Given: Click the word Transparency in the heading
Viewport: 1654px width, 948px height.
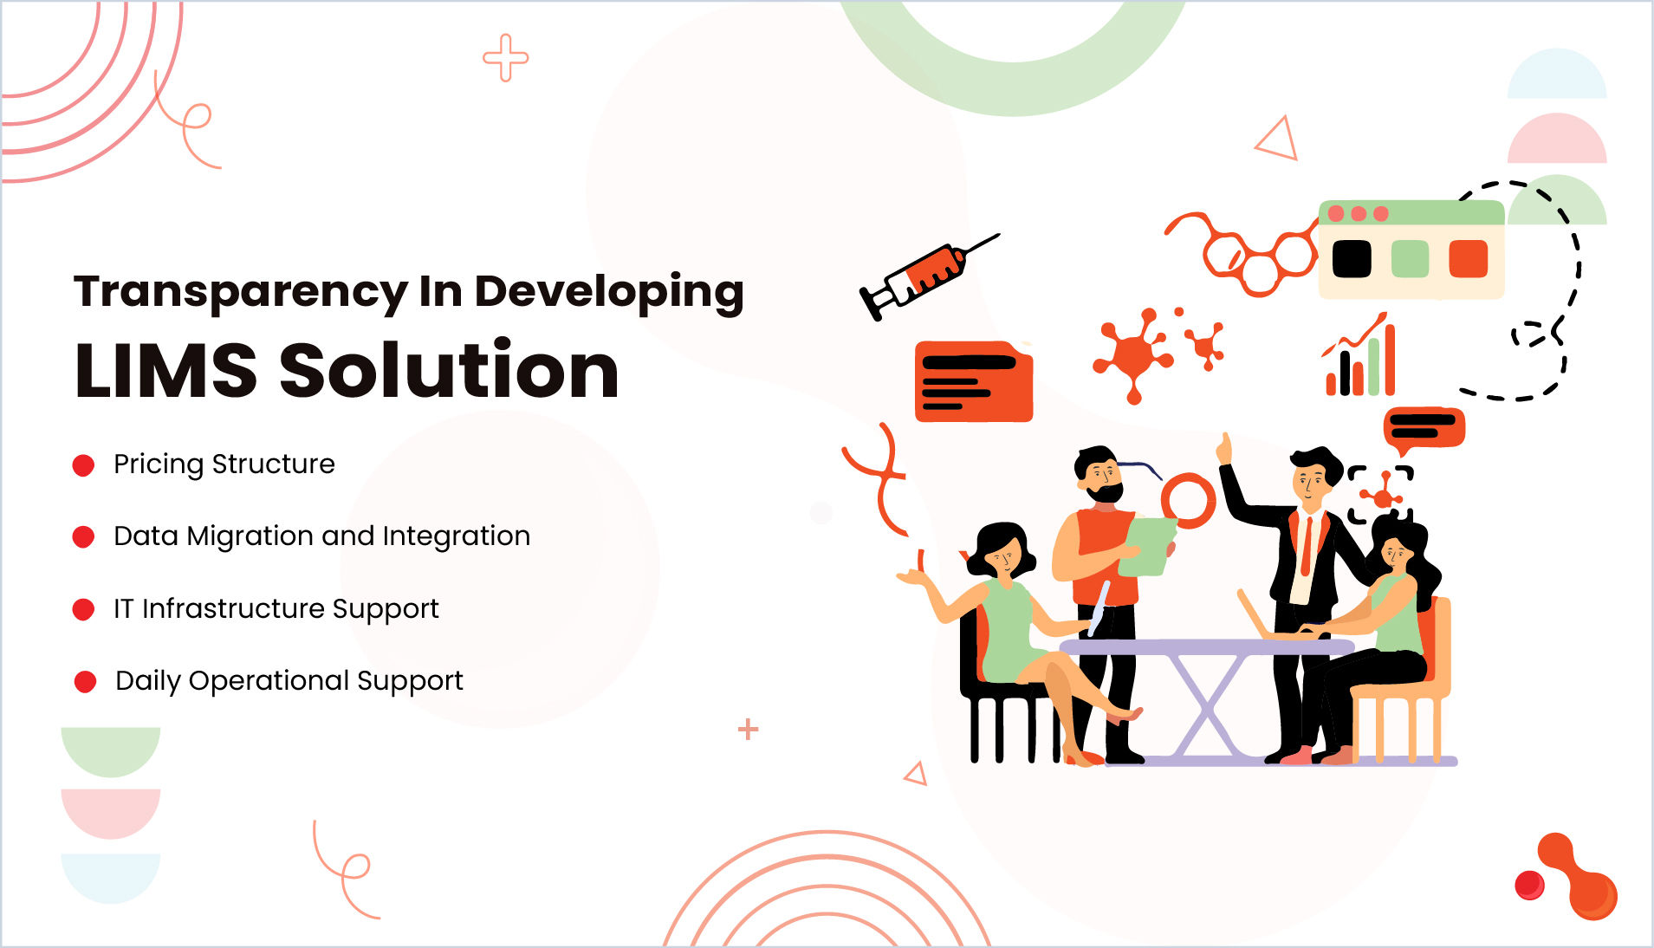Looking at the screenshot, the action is (x=241, y=293).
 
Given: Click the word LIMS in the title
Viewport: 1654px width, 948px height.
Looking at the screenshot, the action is (x=165, y=370).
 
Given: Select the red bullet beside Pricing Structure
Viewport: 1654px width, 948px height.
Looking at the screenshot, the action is (x=83, y=465).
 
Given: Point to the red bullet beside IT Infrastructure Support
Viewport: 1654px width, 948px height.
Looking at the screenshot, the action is (x=83, y=609).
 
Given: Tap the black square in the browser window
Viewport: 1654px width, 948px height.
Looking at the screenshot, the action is (x=1351, y=258).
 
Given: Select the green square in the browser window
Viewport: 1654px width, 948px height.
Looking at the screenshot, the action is (x=1410, y=258).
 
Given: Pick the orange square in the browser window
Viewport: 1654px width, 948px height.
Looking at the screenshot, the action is (x=1468, y=258).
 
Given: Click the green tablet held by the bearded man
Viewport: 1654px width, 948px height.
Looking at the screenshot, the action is (x=1145, y=546).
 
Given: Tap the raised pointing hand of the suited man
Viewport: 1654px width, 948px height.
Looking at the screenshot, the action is (x=1223, y=449).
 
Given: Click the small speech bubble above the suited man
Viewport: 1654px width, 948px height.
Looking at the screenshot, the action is (x=1424, y=429).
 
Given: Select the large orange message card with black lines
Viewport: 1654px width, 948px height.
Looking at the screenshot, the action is (x=974, y=381).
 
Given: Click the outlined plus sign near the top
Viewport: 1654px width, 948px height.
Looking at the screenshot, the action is (x=505, y=58).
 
